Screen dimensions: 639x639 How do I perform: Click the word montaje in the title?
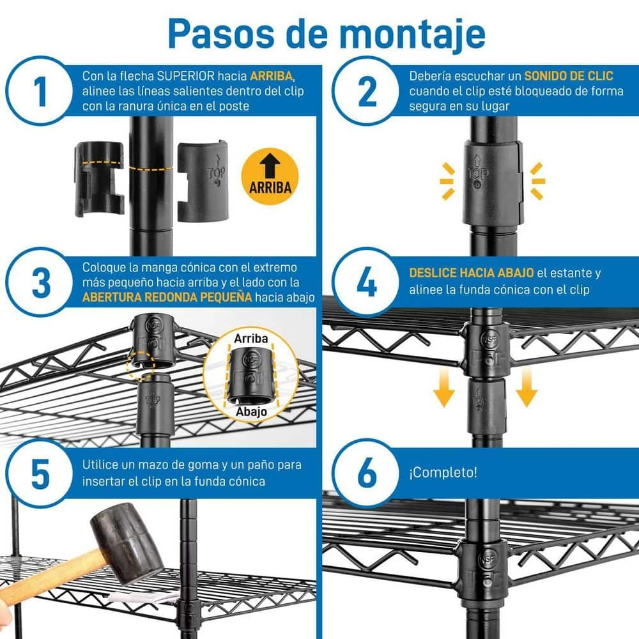tap(412, 35)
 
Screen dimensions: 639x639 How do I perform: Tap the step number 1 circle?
tap(40, 91)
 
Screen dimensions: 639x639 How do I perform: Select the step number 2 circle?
tap(366, 91)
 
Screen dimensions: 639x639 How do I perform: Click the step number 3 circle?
tap(40, 282)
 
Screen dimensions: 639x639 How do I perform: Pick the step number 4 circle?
tap(366, 282)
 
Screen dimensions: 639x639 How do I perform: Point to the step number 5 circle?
tap(40, 473)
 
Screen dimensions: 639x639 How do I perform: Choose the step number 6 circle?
tap(366, 473)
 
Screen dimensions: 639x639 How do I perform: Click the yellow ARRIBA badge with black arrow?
tap(270, 176)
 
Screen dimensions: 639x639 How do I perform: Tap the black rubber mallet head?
tap(127, 542)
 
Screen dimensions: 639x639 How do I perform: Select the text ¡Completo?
tap(443, 473)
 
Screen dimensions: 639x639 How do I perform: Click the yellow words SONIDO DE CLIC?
tap(569, 76)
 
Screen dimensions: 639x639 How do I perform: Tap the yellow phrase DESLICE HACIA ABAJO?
tap(471, 273)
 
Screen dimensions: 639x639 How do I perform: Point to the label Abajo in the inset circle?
tap(251, 412)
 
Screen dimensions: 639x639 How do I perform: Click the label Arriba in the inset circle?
tap(251, 338)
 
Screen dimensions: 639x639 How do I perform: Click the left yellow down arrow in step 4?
tap(444, 388)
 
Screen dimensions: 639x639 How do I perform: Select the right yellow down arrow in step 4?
tap(527, 388)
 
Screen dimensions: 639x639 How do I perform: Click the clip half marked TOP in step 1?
tap(203, 181)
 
